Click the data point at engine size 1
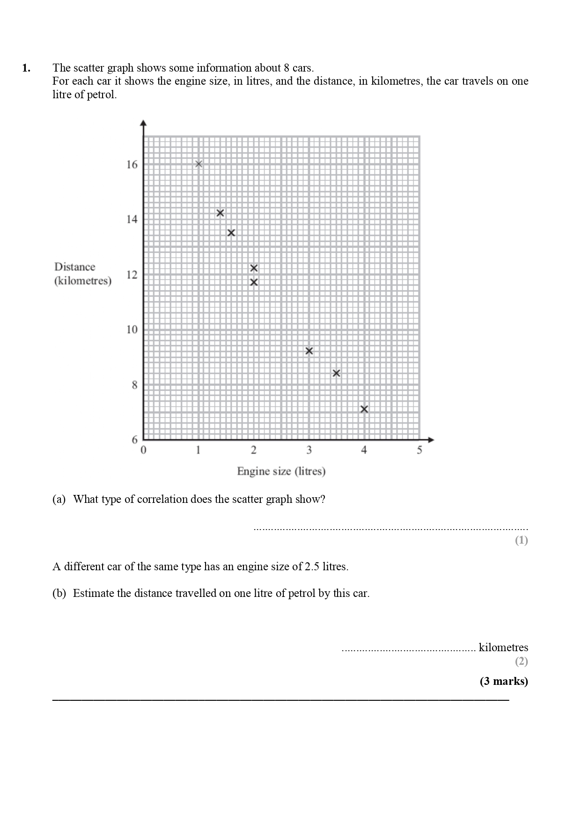199,164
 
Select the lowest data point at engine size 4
364,409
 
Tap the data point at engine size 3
309,351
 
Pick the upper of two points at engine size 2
254,268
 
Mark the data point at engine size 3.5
336,373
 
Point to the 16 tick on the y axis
132,165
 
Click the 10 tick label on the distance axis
132,330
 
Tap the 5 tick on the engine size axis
419,450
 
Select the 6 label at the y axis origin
135,440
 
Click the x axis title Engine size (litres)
281,471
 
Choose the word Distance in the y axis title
74,267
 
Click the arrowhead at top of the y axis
144,123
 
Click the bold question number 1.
26,68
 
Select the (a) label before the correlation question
59,499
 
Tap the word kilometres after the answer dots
503,647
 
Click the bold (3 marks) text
503,681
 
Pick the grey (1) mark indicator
521,541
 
